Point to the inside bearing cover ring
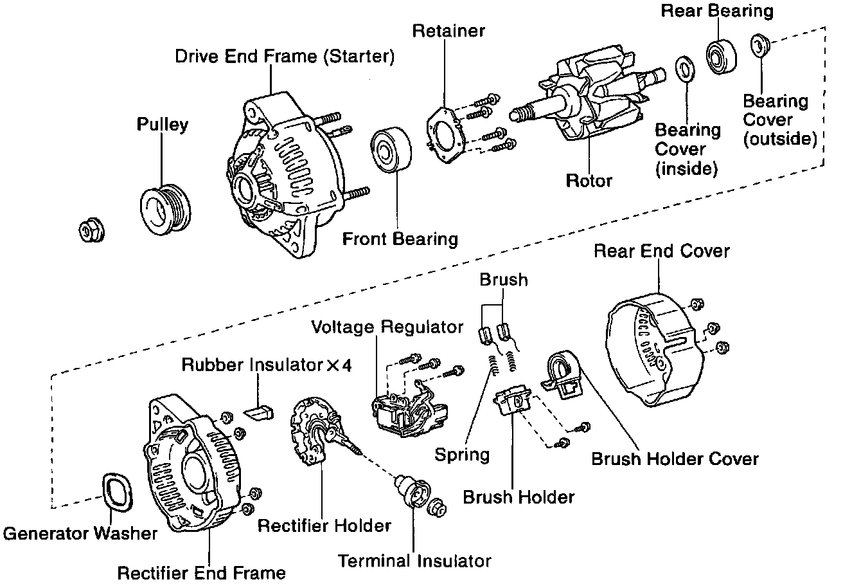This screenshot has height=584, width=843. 685,69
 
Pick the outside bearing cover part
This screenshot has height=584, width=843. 760,46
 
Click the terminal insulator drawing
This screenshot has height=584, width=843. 412,493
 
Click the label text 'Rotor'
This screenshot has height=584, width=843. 589,181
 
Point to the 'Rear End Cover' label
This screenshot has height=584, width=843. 662,250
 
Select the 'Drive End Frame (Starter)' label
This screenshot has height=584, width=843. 285,57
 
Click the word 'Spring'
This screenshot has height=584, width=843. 462,455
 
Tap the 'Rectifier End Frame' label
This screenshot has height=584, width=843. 202,572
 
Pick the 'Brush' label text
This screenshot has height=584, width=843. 504,280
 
